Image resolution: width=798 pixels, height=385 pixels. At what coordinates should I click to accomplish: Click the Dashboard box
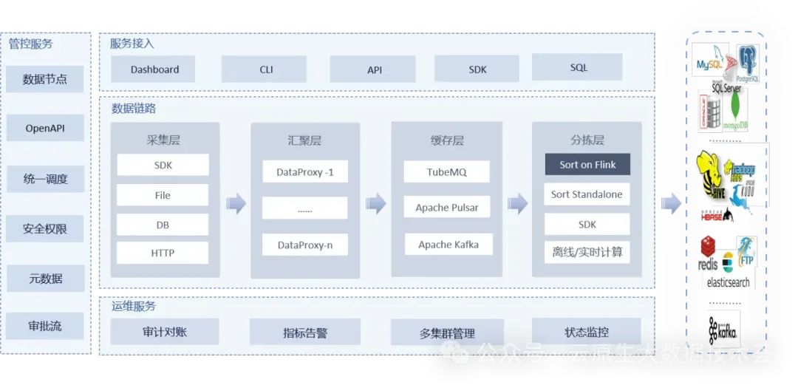(x=154, y=69)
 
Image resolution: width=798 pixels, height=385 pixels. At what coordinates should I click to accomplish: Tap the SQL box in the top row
(x=579, y=67)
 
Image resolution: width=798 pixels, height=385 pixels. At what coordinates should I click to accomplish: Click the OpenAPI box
(x=45, y=129)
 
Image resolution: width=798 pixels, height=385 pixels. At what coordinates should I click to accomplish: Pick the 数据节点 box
(x=45, y=79)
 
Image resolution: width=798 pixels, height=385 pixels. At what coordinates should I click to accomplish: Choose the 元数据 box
(x=45, y=279)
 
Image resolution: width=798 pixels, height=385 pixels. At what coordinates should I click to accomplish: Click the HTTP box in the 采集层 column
(x=163, y=253)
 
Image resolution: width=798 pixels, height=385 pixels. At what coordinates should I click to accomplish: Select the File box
(x=163, y=195)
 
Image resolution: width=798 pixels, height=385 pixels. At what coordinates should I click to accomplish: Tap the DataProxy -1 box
(x=305, y=172)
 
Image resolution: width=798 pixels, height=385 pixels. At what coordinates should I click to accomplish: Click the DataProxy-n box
(x=305, y=245)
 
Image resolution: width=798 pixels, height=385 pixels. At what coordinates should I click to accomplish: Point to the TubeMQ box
(x=447, y=172)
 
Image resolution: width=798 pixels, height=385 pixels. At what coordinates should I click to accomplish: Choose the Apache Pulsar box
(x=447, y=208)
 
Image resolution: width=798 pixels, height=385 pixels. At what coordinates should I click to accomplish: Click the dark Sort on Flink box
(x=587, y=164)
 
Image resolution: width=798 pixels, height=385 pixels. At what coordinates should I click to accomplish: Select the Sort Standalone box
(x=587, y=194)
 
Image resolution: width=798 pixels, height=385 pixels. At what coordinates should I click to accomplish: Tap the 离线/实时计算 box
(x=587, y=252)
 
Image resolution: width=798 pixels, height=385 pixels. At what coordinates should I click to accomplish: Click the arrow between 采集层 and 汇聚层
(x=236, y=202)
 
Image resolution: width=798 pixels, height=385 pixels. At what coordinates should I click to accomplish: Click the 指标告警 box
(x=305, y=333)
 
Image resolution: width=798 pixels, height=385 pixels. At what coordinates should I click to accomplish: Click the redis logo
(x=708, y=255)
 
